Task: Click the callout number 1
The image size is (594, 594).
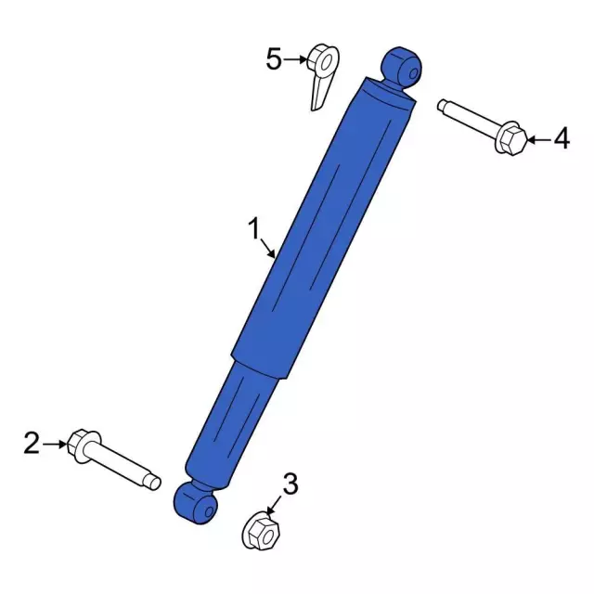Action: point(252,228)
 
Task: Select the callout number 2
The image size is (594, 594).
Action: point(32,444)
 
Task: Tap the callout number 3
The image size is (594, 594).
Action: point(291,483)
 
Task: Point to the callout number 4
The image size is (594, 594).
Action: point(561,140)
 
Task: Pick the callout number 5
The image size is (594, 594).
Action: point(274,59)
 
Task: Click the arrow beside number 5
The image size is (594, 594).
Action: point(296,59)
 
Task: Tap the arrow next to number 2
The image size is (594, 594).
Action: point(56,444)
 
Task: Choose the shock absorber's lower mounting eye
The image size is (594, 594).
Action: point(196,504)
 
